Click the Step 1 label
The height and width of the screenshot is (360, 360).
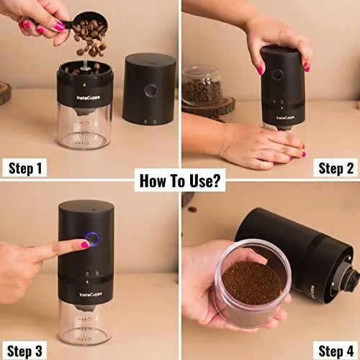pyautogui.click(x=26, y=168)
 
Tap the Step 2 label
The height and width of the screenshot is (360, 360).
pyautogui.click(x=335, y=168)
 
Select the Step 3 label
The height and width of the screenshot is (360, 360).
pyautogui.click(x=26, y=351)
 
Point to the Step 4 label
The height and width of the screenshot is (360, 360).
pyautogui.click(x=335, y=351)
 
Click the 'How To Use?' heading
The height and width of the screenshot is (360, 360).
pyautogui.click(x=180, y=180)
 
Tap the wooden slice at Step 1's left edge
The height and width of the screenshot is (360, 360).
pyautogui.click(x=5, y=93)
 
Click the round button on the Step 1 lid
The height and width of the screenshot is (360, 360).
pyautogui.click(x=150, y=91)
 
